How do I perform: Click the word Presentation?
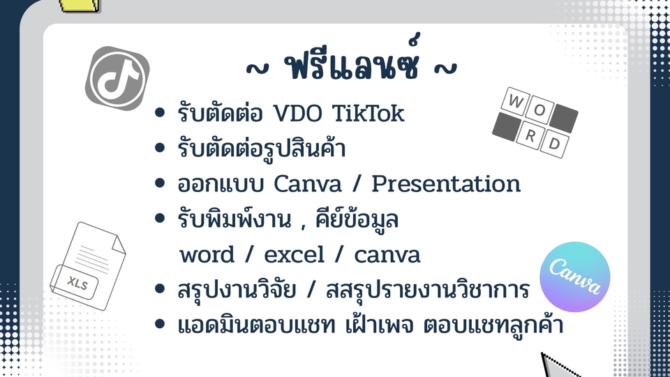446,184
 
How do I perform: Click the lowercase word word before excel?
207,255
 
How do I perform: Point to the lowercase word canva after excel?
387,255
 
